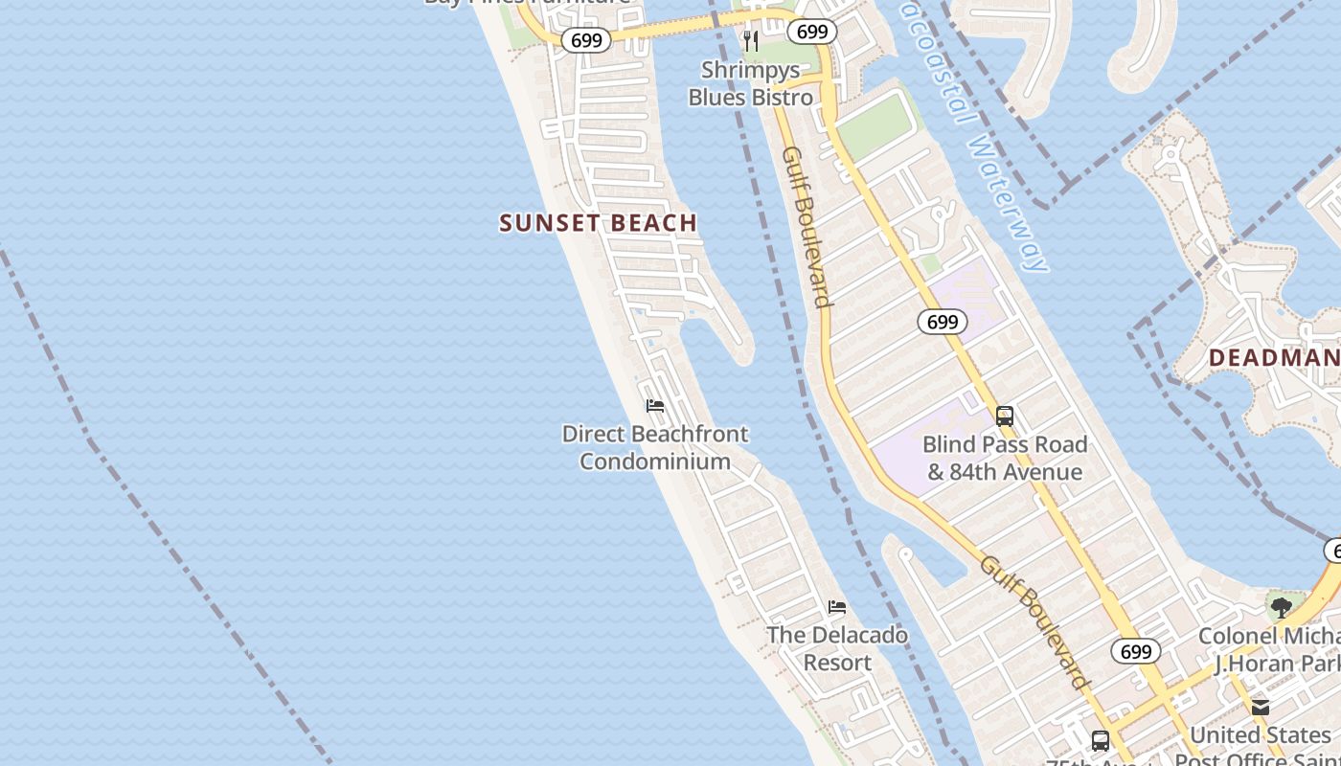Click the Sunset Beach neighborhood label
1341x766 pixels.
(598, 223)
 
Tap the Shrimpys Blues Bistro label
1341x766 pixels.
(751, 83)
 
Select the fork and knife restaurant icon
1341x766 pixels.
(751, 41)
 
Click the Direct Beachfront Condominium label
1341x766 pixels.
(655, 447)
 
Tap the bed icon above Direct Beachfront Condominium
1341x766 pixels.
(655, 406)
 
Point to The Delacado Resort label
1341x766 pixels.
(837, 648)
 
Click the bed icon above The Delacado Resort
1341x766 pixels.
(837, 607)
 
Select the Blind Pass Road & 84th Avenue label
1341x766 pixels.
(1005, 458)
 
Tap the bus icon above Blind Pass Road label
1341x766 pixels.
(1005, 417)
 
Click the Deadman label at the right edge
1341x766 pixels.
(1274, 358)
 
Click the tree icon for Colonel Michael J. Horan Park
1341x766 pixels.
(1281, 607)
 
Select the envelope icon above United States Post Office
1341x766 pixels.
(1261, 708)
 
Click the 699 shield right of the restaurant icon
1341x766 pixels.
(812, 32)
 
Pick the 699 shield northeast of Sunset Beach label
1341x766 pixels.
(585, 39)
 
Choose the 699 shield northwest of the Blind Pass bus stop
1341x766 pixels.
(943, 322)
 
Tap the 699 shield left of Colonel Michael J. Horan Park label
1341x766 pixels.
(1136, 652)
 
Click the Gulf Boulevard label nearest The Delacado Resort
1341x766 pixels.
(1034, 621)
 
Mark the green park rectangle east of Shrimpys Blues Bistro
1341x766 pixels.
(873, 124)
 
